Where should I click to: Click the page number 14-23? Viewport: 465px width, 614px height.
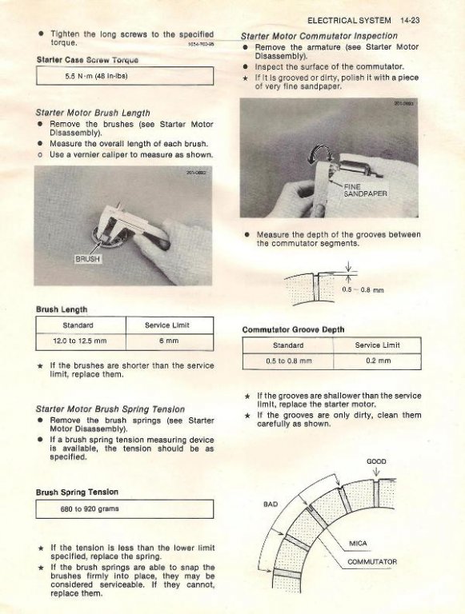point(410,20)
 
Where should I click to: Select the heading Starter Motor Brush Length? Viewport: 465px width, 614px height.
point(93,113)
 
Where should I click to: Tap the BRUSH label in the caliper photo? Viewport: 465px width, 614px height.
point(87,259)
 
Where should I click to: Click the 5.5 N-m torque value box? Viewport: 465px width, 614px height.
point(125,76)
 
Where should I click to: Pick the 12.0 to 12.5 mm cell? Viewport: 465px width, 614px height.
point(80,341)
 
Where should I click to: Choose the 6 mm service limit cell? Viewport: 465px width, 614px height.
point(170,341)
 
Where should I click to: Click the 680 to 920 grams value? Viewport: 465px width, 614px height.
point(90,509)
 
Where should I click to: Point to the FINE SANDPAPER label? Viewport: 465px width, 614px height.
point(365,190)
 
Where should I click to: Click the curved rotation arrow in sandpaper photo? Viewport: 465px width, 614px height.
point(321,155)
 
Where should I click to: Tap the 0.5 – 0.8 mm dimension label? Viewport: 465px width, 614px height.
point(363,289)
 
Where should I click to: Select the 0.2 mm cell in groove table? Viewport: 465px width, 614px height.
point(378,361)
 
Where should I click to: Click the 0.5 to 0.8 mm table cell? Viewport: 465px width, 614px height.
point(288,361)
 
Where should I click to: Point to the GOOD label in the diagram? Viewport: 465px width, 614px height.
point(376,461)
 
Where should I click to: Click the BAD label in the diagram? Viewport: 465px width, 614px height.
point(271,504)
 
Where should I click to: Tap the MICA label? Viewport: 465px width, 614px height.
point(358,544)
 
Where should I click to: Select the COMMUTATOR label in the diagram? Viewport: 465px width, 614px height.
point(372,562)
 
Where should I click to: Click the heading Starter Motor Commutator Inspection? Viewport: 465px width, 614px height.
point(319,36)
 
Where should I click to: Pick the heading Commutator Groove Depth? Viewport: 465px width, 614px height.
point(293,329)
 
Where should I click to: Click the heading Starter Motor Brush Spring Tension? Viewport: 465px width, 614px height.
point(110,409)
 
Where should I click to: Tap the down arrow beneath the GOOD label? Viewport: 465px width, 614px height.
point(376,472)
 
